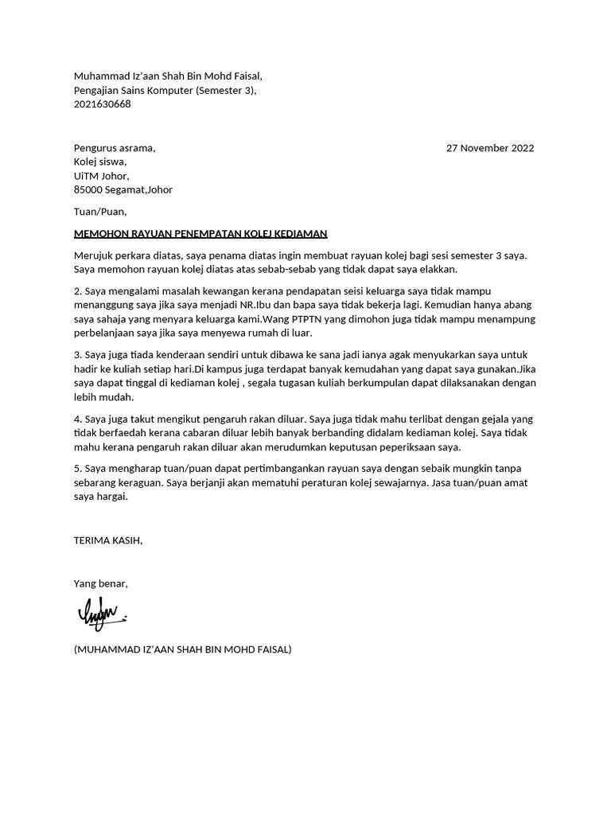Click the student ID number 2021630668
tap(103, 104)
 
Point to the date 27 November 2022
tap(490, 148)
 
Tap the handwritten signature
tap(102, 614)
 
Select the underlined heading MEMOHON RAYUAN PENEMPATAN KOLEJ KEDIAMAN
tap(200, 234)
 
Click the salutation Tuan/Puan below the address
tap(99, 212)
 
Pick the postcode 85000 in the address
tap(89, 190)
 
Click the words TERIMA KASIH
tap(107, 540)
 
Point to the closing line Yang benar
tap(100, 584)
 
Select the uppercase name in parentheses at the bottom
tap(182, 649)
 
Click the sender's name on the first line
tap(167, 76)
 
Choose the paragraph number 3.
tap(77, 354)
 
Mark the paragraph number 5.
tap(77, 469)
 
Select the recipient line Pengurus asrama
tap(115, 148)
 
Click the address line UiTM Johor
tap(101, 176)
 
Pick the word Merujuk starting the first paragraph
tap(94, 255)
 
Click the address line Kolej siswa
tap(99, 162)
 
